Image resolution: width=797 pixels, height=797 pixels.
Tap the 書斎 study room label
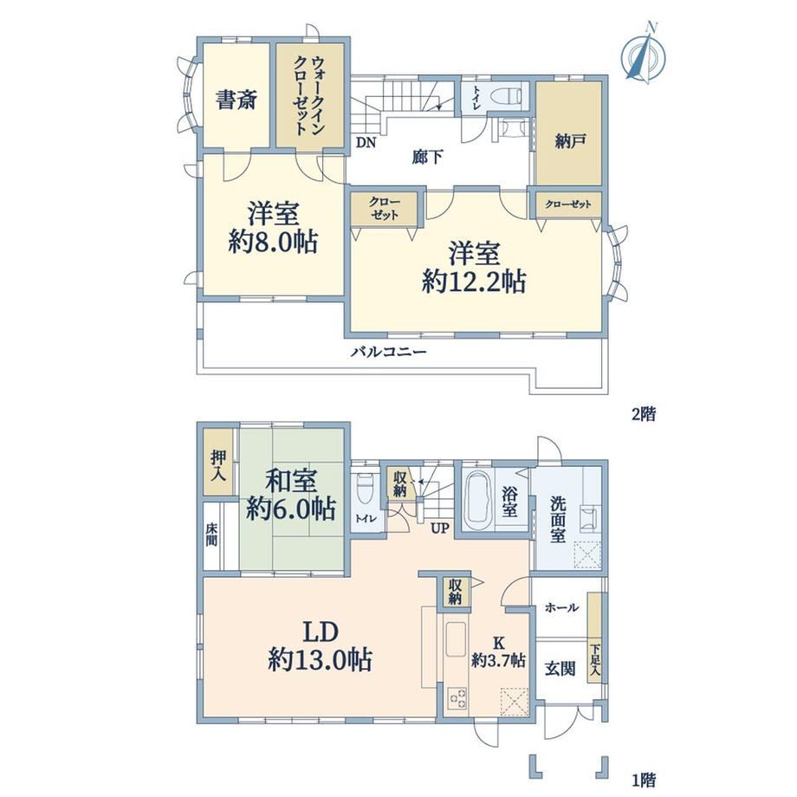point(237,100)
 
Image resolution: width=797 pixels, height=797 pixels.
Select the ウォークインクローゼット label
point(309,95)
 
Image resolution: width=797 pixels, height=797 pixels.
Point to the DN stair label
point(366,143)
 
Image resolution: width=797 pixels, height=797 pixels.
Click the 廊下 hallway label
point(427,157)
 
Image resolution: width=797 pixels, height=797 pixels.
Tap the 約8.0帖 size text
point(273,242)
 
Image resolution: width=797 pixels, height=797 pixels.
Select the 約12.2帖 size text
point(474,281)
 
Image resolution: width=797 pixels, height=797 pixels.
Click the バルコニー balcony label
point(389,352)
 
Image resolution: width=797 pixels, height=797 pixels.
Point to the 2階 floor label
point(644,414)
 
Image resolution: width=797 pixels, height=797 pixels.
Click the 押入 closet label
point(219,465)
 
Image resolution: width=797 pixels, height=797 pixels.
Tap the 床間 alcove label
point(211,535)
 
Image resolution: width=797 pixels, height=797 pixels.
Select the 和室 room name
point(291,481)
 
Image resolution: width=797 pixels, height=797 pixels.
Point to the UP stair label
point(440,528)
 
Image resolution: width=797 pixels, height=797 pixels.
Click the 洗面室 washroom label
point(558,520)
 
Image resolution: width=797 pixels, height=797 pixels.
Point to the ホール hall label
point(561,607)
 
